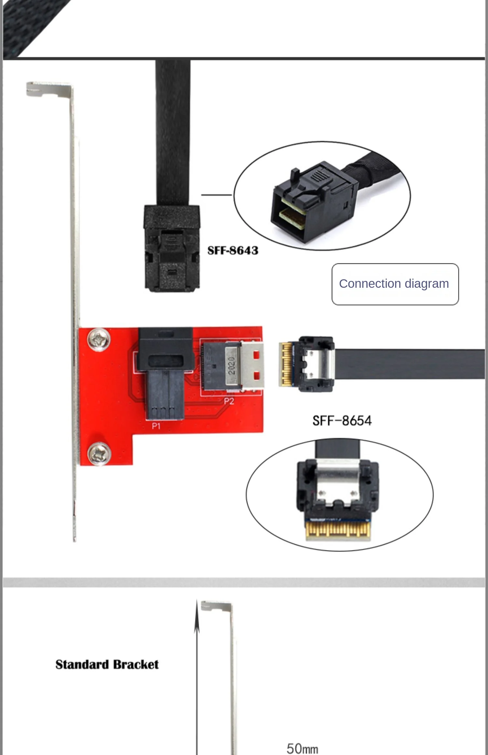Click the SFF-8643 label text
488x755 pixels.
coord(233,250)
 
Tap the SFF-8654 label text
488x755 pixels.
coord(342,421)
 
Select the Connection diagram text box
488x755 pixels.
coord(395,284)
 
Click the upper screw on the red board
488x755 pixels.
coord(99,339)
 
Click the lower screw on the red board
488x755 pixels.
coord(99,454)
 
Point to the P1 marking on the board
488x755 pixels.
coord(156,426)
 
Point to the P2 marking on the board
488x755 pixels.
coord(229,401)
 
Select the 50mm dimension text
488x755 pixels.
coord(302,748)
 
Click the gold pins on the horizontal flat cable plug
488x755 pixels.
coord(286,364)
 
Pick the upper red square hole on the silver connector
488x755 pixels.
coord(256,354)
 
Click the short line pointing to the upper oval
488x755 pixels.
coord(216,195)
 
